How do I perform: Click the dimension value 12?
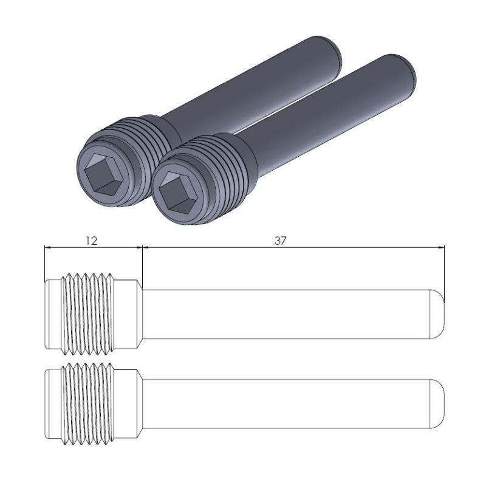(x=91, y=241)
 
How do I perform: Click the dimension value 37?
(x=279, y=241)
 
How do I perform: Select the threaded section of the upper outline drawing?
(x=89, y=314)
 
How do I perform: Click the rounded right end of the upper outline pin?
(x=439, y=314)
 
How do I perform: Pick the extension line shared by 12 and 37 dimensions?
(x=142, y=261)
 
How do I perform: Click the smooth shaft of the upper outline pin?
(x=286, y=314)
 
